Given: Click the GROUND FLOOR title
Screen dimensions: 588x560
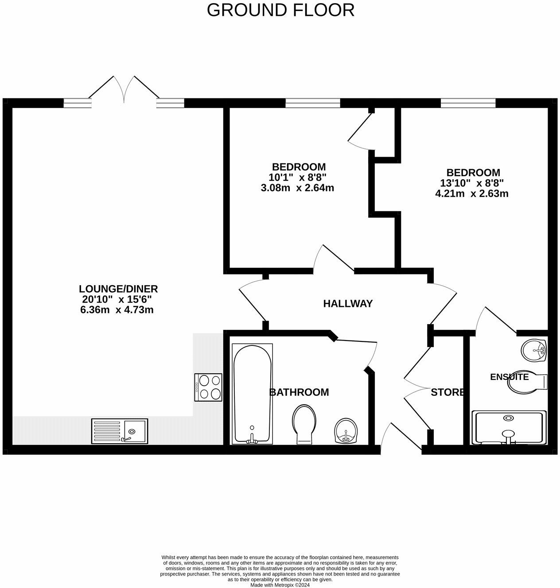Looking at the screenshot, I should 280,10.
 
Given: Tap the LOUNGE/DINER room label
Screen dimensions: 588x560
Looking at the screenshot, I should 118,289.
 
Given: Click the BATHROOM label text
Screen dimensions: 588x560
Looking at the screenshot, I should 299,392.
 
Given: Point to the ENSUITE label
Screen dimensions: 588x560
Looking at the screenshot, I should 509,377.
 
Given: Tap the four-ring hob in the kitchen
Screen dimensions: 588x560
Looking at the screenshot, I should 208,387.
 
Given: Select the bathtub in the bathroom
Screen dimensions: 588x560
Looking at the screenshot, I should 252,394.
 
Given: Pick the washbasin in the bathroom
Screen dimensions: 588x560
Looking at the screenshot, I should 347,431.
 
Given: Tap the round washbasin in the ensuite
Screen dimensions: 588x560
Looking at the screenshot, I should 534,351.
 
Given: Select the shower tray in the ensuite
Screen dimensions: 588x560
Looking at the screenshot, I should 509,427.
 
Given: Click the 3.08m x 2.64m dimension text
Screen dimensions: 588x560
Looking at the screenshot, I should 297,188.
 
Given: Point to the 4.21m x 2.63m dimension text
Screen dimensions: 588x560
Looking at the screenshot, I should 472,193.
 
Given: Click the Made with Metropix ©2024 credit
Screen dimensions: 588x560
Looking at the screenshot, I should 280,585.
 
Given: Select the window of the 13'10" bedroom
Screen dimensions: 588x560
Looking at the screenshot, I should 468,103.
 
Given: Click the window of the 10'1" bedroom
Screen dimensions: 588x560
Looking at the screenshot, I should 313,103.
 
